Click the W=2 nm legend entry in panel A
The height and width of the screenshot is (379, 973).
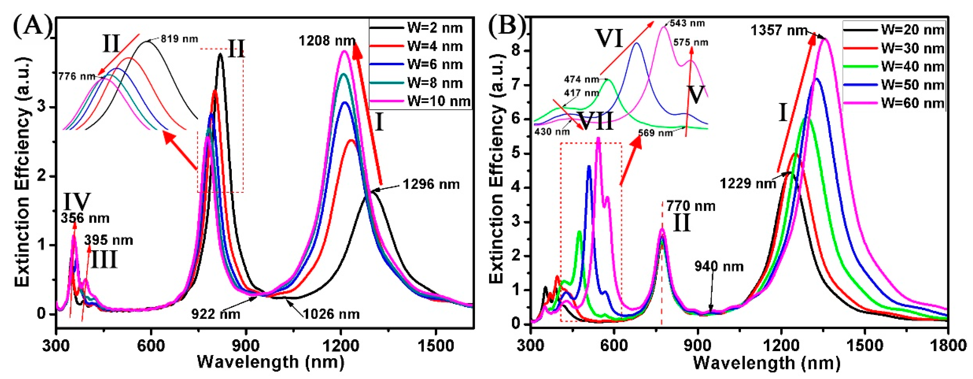(x=434, y=28)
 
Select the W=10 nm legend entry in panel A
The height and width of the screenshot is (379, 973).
(x=438, y=101)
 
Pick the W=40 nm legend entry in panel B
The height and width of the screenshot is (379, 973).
(x=912, y=67)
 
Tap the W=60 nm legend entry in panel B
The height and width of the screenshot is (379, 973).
(x=912, y=103)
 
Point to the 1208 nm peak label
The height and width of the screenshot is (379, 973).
(x=327, y=41)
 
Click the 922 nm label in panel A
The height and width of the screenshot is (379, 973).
(x=216, y=314)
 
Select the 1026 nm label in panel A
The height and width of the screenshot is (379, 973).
(x=331, y=314)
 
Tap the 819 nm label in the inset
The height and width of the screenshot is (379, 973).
(x=179, y=39)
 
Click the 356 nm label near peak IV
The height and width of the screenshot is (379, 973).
(x=85, y=218)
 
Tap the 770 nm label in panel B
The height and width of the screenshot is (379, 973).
(x=691, y=206)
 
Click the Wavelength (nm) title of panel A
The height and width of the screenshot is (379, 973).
(x=270, y=362)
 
